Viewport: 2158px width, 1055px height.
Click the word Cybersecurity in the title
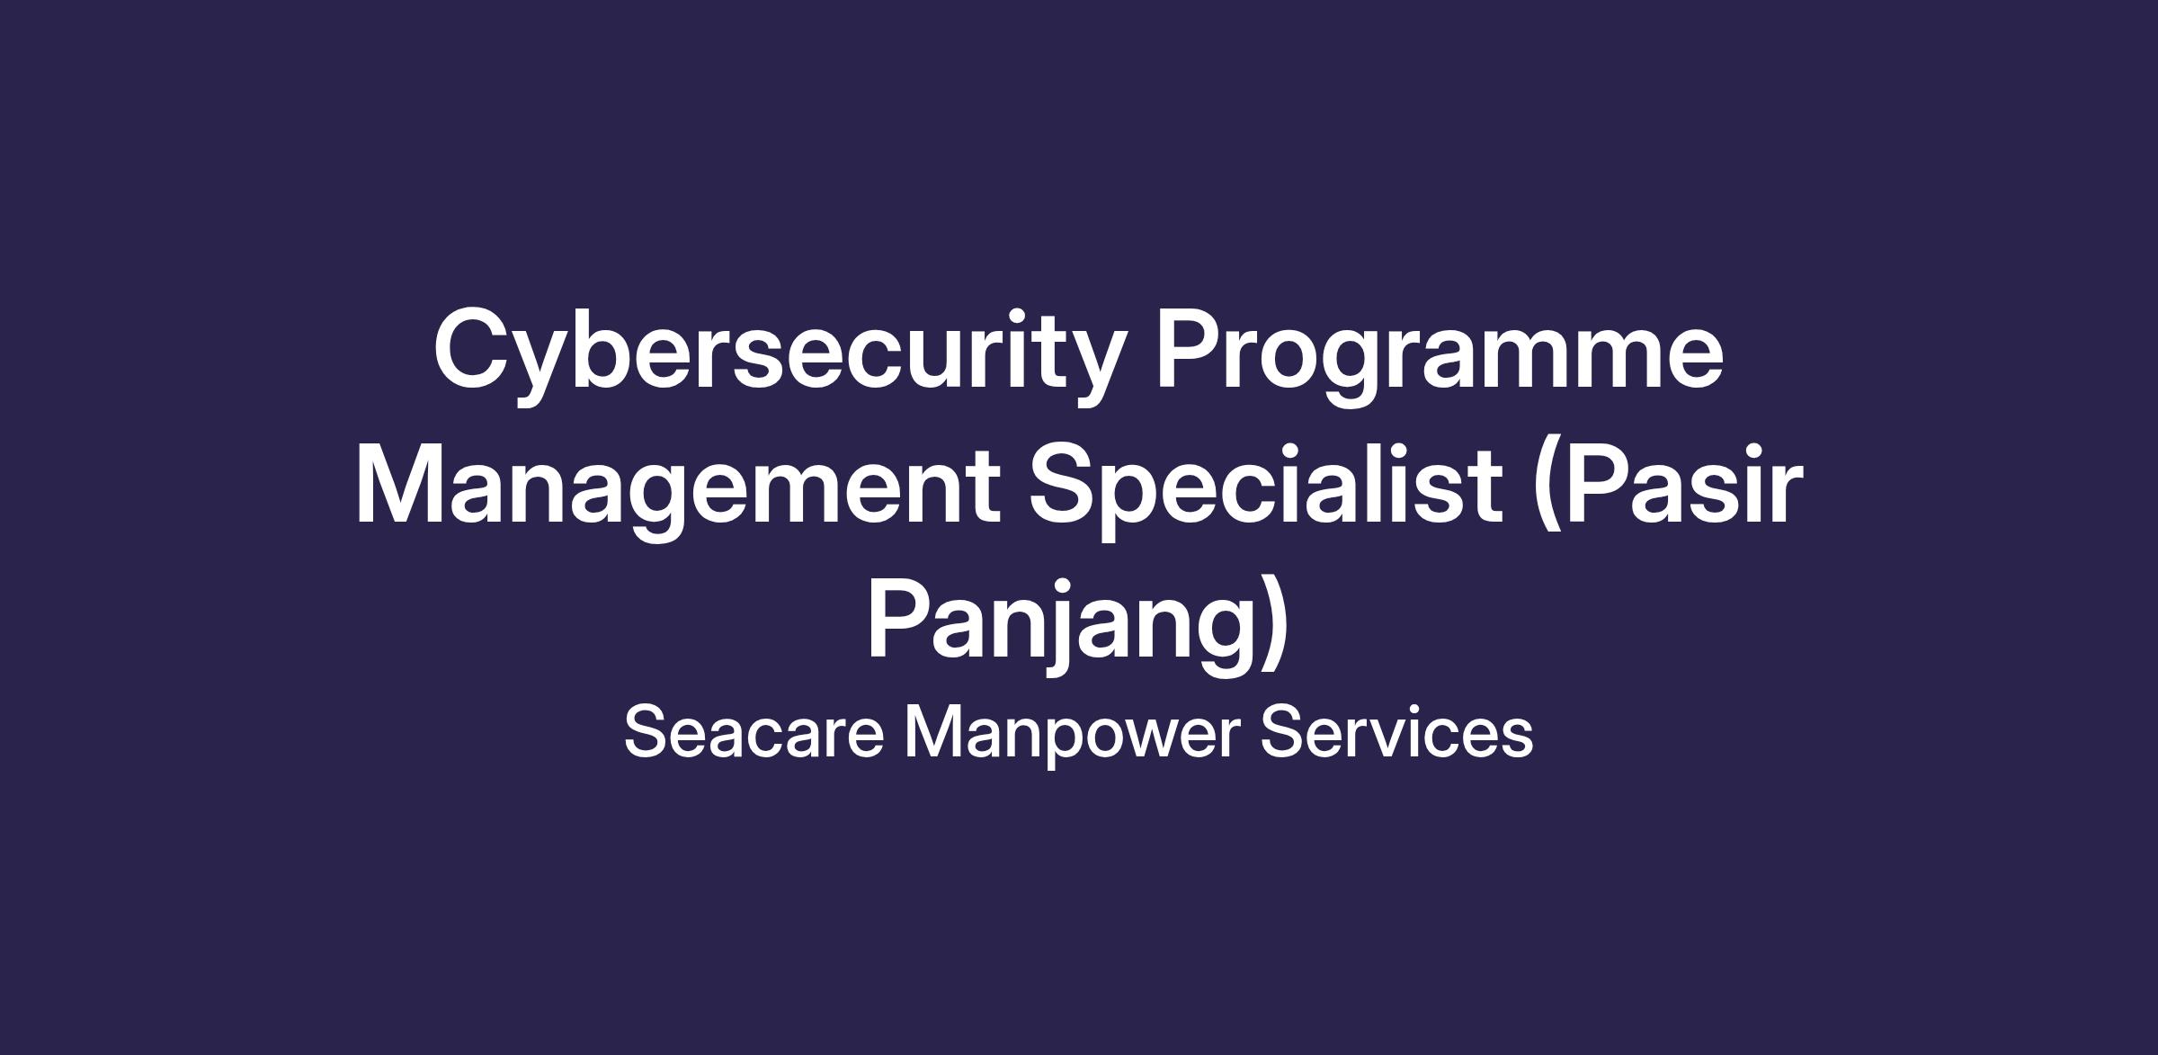coord(780,356)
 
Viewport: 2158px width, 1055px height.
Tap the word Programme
coord(1440,356)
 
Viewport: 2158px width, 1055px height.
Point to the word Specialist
coord(1265,491)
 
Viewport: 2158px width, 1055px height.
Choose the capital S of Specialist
coord(1067,484)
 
